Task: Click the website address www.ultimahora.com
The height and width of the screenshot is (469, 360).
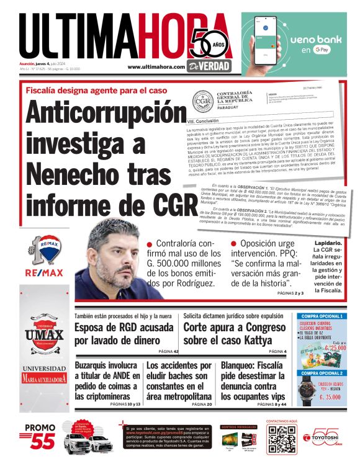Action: click(x=156, y=67)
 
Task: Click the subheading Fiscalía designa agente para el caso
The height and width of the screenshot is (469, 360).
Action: click(x=96, y=90)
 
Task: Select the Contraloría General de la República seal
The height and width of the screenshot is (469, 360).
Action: click(x=202, y=99)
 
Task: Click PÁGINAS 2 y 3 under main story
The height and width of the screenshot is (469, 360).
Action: click(x=290, y=293)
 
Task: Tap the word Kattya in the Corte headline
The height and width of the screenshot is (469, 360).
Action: click(x=253, y=341)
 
